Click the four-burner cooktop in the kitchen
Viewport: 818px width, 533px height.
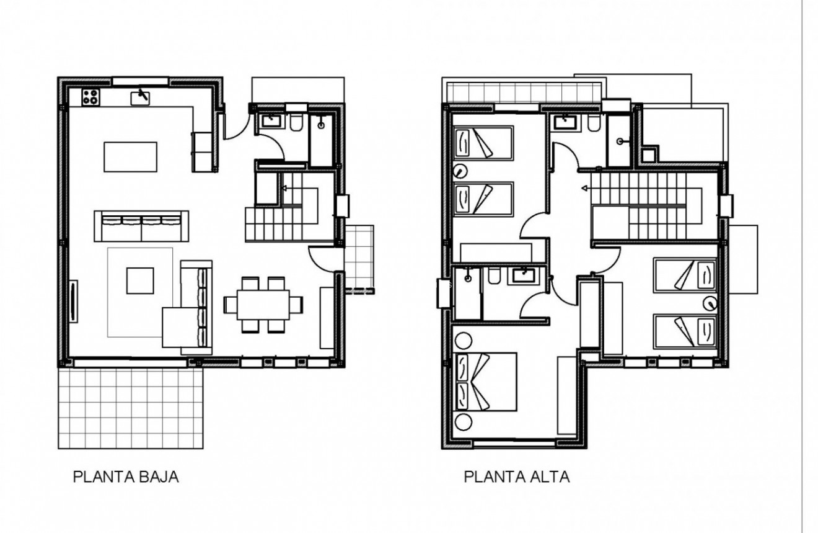91,97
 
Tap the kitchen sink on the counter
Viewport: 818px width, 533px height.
141,97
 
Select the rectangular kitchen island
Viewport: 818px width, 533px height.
130,156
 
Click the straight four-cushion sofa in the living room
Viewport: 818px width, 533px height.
141,226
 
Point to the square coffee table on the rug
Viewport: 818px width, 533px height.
140,280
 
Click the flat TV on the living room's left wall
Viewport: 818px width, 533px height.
74,302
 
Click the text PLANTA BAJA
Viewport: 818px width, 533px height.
126,477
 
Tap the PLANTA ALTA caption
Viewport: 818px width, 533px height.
517,477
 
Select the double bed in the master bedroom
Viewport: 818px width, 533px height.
486,382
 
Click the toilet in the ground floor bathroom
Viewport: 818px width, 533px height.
296,123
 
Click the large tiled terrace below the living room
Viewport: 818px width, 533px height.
131,409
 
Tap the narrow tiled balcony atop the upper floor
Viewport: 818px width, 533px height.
524,92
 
